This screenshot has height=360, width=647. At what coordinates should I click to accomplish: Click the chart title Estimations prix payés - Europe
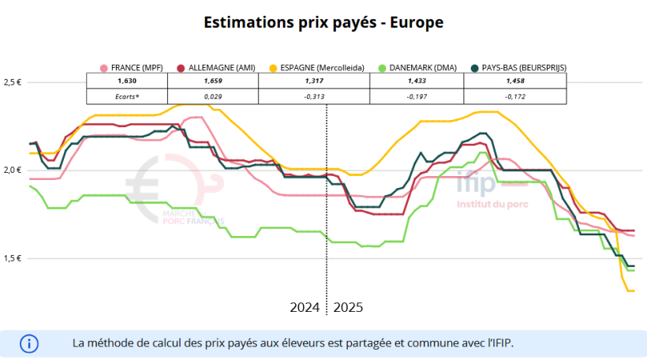(323, 22)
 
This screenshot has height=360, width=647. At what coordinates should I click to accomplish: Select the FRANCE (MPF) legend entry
(132, 68)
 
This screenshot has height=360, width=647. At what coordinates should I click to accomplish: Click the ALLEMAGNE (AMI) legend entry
(217, 68)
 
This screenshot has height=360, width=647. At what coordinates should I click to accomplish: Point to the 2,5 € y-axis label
(13, 82)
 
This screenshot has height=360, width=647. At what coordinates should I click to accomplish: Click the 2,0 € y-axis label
(13, 171)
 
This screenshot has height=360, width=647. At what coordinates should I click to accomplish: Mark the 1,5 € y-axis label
(13, 259)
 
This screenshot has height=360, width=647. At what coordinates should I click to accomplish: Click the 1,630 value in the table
(127, 81)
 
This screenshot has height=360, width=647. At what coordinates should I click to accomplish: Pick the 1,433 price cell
(417, 81)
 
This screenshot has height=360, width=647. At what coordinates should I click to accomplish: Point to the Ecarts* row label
(127, 96)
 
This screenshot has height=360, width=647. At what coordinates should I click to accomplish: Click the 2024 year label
(305, 306)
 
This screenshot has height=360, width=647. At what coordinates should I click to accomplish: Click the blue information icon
(29, 343)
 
